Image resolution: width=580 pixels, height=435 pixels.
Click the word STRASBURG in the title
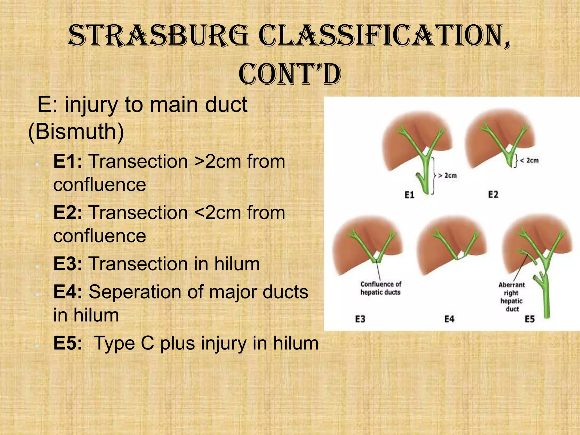[159, 36]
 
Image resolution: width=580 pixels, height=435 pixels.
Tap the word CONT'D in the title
[290, 74]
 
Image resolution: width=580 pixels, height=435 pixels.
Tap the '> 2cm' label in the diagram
[447, 176]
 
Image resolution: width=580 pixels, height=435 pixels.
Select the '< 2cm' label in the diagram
[529, 161]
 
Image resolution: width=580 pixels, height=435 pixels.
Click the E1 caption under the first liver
[409, 195]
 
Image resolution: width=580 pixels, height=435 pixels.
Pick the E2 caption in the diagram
[493, 195]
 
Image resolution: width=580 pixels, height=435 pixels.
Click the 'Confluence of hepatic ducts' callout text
[381, 288]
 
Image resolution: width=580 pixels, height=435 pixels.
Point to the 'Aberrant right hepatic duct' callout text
[511, 297]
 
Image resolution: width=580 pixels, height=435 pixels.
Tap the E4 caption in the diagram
[449, 319]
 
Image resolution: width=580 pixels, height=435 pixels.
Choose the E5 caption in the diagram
[530, 319]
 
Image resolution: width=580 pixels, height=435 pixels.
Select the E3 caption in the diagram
[360, 319]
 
